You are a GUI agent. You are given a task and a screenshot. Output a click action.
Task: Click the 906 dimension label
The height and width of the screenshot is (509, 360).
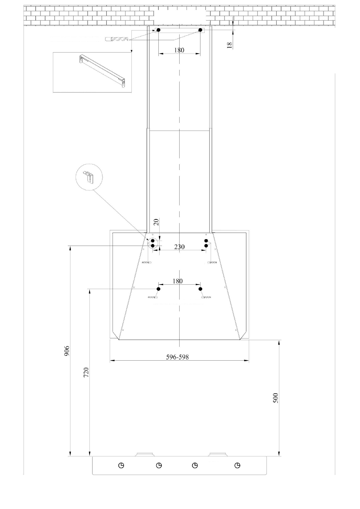66,351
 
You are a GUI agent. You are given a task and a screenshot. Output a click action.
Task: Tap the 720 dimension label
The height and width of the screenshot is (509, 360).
86,372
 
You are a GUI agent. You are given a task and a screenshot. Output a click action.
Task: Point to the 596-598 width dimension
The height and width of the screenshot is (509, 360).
177,357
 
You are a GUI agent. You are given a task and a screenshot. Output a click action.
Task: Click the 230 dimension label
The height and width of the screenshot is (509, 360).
179,247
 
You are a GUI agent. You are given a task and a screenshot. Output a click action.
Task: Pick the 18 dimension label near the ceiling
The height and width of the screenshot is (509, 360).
229,45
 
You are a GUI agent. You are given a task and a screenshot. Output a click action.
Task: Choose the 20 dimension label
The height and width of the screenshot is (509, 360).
156,222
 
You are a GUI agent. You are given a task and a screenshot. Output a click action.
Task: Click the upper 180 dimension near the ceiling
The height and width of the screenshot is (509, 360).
179,50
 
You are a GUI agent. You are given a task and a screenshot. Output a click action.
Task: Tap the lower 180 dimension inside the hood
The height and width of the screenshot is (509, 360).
177,281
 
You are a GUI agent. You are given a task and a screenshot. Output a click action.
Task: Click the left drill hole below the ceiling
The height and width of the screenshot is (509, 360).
158,30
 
